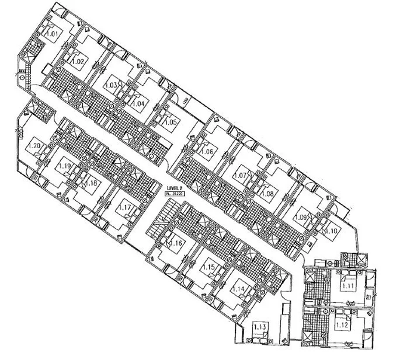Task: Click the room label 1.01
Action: [53, 34]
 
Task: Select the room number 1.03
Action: [111, 85]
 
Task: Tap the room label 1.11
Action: [349, 286]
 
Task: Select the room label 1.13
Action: [260, 328]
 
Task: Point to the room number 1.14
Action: [238, 288]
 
